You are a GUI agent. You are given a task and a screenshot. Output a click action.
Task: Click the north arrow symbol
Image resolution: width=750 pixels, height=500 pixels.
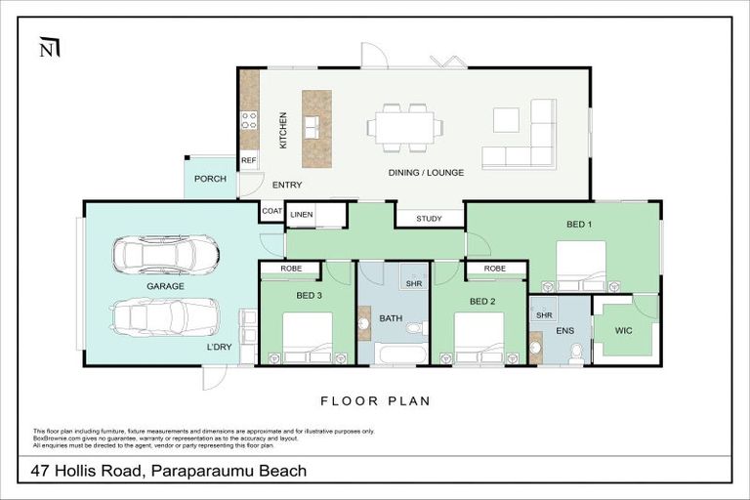[x=48, y=48]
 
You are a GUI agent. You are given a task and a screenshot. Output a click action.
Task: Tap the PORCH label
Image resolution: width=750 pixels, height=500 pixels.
[x=210, y=179]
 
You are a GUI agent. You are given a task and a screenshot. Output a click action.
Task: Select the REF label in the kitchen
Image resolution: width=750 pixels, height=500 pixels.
[x=248, y=160]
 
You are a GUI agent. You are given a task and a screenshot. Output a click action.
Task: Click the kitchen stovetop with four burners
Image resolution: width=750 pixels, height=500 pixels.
[x=249, y=120]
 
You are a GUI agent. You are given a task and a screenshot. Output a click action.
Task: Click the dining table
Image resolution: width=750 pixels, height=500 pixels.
[x=404, y=127]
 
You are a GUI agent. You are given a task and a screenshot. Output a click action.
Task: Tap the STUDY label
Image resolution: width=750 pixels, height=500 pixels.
[x=429, y=219]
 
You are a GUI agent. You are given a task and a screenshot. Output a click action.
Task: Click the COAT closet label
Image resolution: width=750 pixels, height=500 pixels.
[x=271, y=212]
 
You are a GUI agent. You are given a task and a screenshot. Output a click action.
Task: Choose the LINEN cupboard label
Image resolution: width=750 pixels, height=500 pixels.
[x=302, y=214]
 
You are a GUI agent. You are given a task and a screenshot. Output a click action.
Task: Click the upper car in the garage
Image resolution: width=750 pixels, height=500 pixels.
[x=166, y=255]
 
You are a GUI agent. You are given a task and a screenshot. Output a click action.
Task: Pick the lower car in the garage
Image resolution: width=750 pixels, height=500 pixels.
[x=165, y=316]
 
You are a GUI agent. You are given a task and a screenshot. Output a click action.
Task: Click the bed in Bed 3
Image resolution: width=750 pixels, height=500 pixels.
[x=308, y=337]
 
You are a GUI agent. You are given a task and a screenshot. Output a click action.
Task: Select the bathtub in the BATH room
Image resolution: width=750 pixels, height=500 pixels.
[x=400, y=353]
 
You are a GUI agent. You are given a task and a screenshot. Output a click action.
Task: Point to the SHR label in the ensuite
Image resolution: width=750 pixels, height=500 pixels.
[x=545, y=315]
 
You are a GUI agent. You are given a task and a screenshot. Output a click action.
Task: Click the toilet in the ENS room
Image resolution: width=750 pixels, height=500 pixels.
[x=576, y=351]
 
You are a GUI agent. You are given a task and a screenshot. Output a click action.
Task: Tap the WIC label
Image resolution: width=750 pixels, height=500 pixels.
[x=623, y=330]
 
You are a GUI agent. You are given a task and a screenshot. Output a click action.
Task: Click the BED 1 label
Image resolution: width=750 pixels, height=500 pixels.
[x=580, y=224]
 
